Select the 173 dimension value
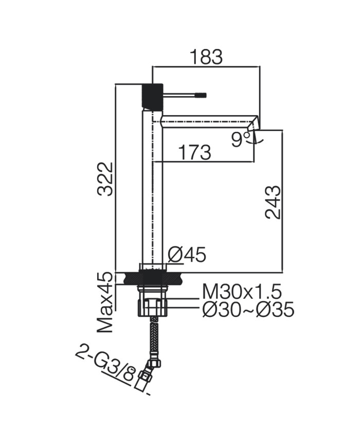tap(194, 153)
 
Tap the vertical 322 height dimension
tap(105, 178)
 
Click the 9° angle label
tap(240, 139)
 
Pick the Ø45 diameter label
tap(187, 254)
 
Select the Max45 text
tap(105, 302)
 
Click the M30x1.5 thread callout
tap(242, 292)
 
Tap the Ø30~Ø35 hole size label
tap(248, 310)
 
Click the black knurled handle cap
tap(152, 96)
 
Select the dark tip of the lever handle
tap(200, 95)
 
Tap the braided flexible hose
tap(153, 337)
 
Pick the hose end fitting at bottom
tap(143, 380)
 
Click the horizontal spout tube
tap(206, 121)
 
